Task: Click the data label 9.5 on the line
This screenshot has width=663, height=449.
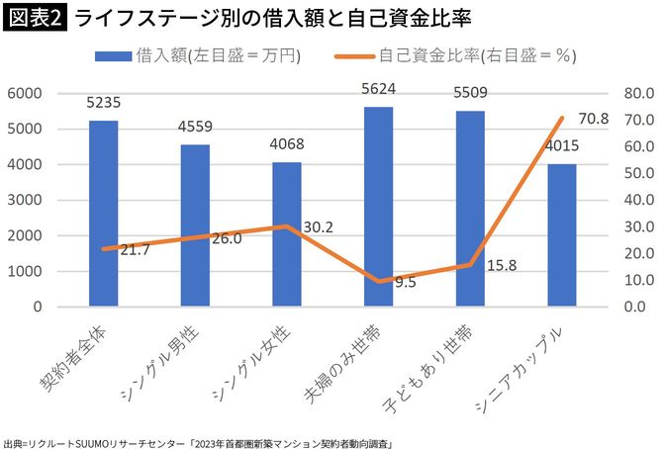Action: [404, 282]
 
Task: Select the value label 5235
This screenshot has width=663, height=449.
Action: [104, 102]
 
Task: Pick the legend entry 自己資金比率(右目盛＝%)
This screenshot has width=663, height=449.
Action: [464, 56]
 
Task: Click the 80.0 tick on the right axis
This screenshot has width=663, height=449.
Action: [632, 93]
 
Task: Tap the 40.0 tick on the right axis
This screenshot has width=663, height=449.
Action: [632, 200]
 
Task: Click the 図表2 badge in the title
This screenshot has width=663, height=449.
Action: [34, 18]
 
